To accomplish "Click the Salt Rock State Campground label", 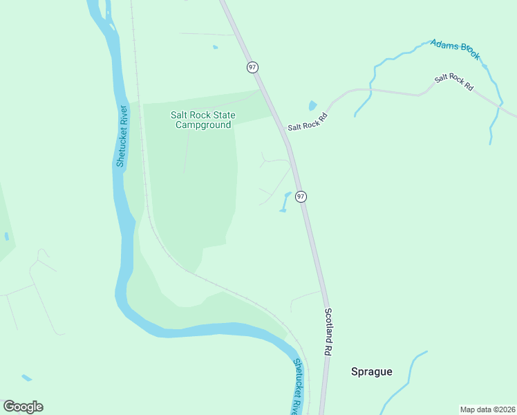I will (203, 120).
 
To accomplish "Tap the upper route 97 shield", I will (252, 67).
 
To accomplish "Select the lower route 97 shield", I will (301, 196).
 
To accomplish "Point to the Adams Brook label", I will (454, 50).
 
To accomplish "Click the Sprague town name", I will (371, 371).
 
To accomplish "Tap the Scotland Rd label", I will (328, 332).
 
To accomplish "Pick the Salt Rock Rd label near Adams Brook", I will (454, 83).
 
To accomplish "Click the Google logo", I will (23, 407).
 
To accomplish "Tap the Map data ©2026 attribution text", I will (487, 409).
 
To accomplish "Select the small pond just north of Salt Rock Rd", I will (312, 106).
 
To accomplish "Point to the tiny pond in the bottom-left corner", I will (26, 378).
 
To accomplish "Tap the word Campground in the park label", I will (203, 125).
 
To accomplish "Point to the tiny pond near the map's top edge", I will (215, 47).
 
